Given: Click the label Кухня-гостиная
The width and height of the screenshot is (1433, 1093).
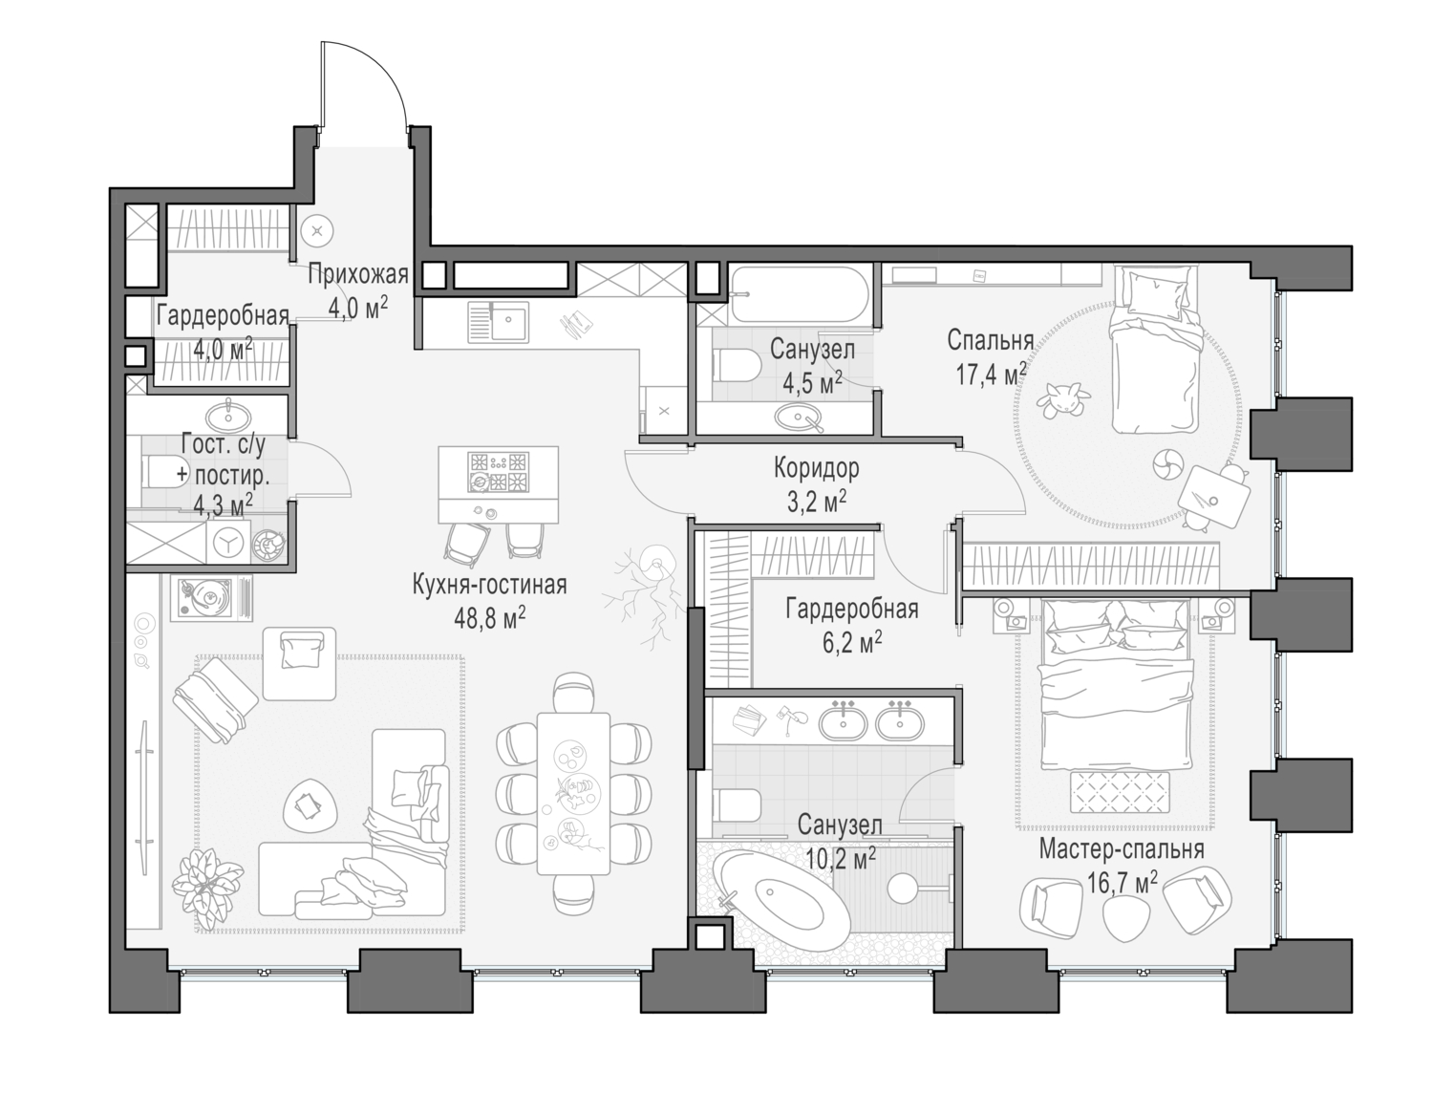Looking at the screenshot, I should pos(489,585).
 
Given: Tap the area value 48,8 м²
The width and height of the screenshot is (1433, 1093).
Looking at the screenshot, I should pos(489,619).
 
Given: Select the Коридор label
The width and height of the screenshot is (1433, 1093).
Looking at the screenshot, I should pos(816,468).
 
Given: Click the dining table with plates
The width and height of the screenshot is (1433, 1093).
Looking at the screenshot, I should pos(573,792).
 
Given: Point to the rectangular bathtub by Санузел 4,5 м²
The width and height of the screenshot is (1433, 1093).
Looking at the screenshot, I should pos(800,296).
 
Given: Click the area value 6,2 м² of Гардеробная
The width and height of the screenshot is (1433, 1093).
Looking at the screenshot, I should pos(851,643).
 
